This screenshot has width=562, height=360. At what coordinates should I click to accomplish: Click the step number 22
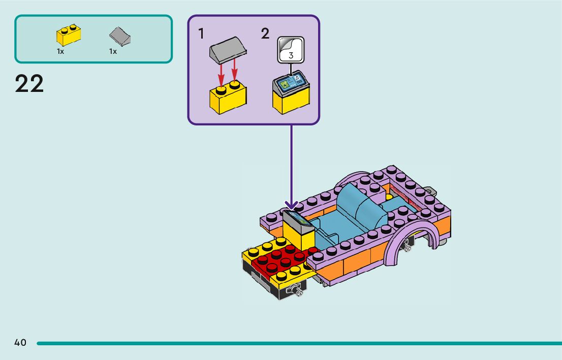[x=29, y=84]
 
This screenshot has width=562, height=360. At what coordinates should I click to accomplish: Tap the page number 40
[x=20, y=343]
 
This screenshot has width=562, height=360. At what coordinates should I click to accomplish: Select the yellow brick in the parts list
[x=69, y=36]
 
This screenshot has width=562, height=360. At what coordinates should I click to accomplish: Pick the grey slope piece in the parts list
[x=120, y=37]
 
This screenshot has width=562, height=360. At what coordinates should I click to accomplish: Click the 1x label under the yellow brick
[x=60, y=51]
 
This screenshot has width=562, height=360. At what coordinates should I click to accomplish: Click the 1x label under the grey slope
[x=113, y=51]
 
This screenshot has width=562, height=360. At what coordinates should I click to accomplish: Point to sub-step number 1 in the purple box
[x=201, y=34]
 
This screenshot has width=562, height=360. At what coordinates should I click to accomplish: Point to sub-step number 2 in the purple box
[x=265, y=34]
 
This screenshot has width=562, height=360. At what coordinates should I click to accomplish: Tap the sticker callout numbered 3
[x=291, y=50]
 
